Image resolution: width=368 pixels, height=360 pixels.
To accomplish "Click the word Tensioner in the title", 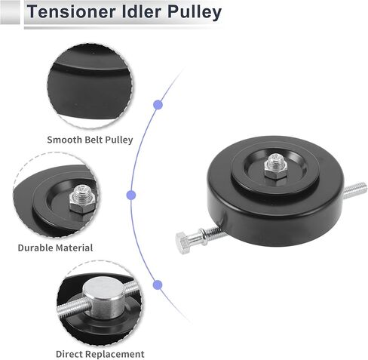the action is [72, 11].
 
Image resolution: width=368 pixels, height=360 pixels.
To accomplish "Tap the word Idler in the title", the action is [142, 11].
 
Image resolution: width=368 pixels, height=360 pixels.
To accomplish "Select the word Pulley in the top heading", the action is [195, 13].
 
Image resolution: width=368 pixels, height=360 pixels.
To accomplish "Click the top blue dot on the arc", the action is [158, 105].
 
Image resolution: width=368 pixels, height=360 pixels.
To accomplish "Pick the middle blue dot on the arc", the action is [131, 195].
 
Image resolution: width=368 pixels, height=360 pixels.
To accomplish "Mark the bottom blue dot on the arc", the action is [158, 285].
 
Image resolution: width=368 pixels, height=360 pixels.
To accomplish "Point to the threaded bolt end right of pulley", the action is [355, 190].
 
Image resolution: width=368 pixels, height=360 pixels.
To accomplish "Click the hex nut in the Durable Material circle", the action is [82, 203].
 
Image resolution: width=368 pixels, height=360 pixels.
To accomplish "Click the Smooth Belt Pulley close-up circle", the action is [90, 86].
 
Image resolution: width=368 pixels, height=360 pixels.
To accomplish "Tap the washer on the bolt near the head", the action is [204, 236].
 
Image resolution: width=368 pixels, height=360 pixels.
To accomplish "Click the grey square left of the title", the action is [10, 12].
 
